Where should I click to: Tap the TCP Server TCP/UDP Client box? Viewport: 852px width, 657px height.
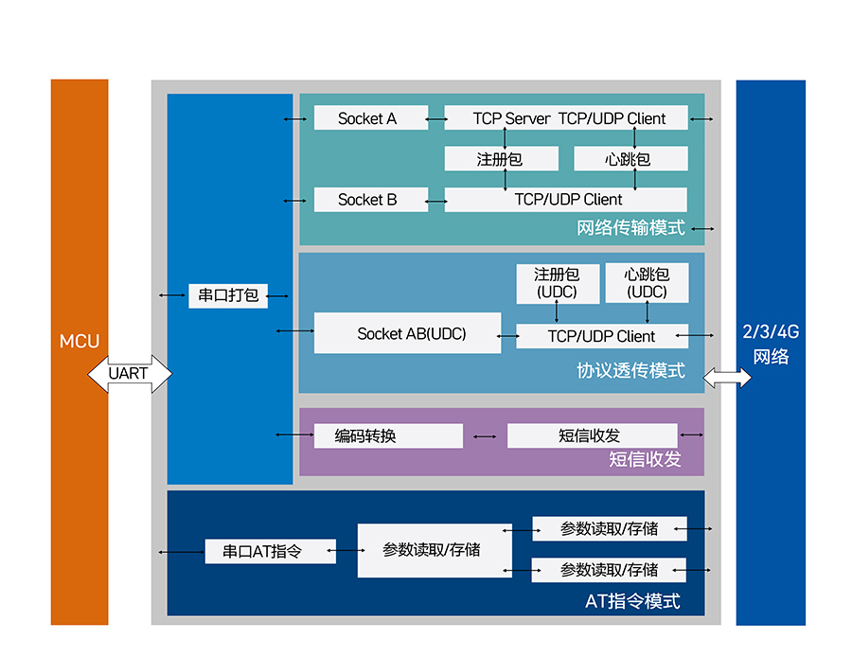(x=566, y=118)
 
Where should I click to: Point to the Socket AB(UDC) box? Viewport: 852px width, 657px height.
(x=407, y=333)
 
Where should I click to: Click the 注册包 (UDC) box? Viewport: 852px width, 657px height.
(x=557, y=283)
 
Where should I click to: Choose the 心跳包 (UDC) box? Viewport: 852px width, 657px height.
(x=647, y=283)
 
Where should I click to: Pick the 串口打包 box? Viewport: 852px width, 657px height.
(x=227, y=295)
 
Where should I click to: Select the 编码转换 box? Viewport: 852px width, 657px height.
(x=388, y=435)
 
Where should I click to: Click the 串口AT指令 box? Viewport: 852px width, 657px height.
(x=270, y=551)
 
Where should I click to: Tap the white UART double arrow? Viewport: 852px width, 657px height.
(x=130, y=374)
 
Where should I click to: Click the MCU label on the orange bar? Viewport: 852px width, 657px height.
(x=80, y=342)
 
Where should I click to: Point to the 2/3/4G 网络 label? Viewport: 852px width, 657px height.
(x=771, y=345)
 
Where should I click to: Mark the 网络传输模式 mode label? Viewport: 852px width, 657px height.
(x=630, y=228)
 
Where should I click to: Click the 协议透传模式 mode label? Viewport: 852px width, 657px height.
(x=630, y=370)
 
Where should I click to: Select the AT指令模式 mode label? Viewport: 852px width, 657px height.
(x=632, y=601)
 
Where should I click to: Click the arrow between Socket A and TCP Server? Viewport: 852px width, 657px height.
(x=436, y=119)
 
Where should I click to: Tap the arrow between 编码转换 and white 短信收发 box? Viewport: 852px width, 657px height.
(x=485, y=436)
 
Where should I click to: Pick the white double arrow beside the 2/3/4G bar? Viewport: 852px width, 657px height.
(x=727, y=379)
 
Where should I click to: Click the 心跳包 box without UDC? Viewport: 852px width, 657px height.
(x=630, y=159)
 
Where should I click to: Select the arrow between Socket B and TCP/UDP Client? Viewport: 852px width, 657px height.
(x=436, y=201)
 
